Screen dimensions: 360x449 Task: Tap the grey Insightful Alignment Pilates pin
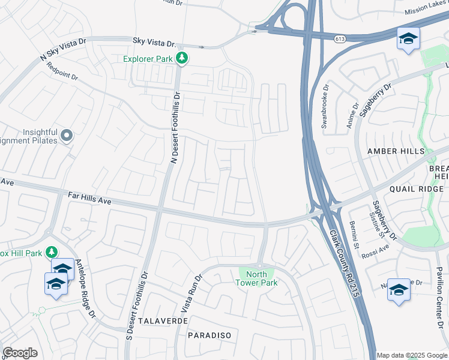67,136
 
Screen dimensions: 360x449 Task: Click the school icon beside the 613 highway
408,40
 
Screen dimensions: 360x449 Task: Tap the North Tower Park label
256,278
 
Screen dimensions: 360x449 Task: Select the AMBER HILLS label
396,151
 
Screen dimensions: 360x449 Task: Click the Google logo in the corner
20,353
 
